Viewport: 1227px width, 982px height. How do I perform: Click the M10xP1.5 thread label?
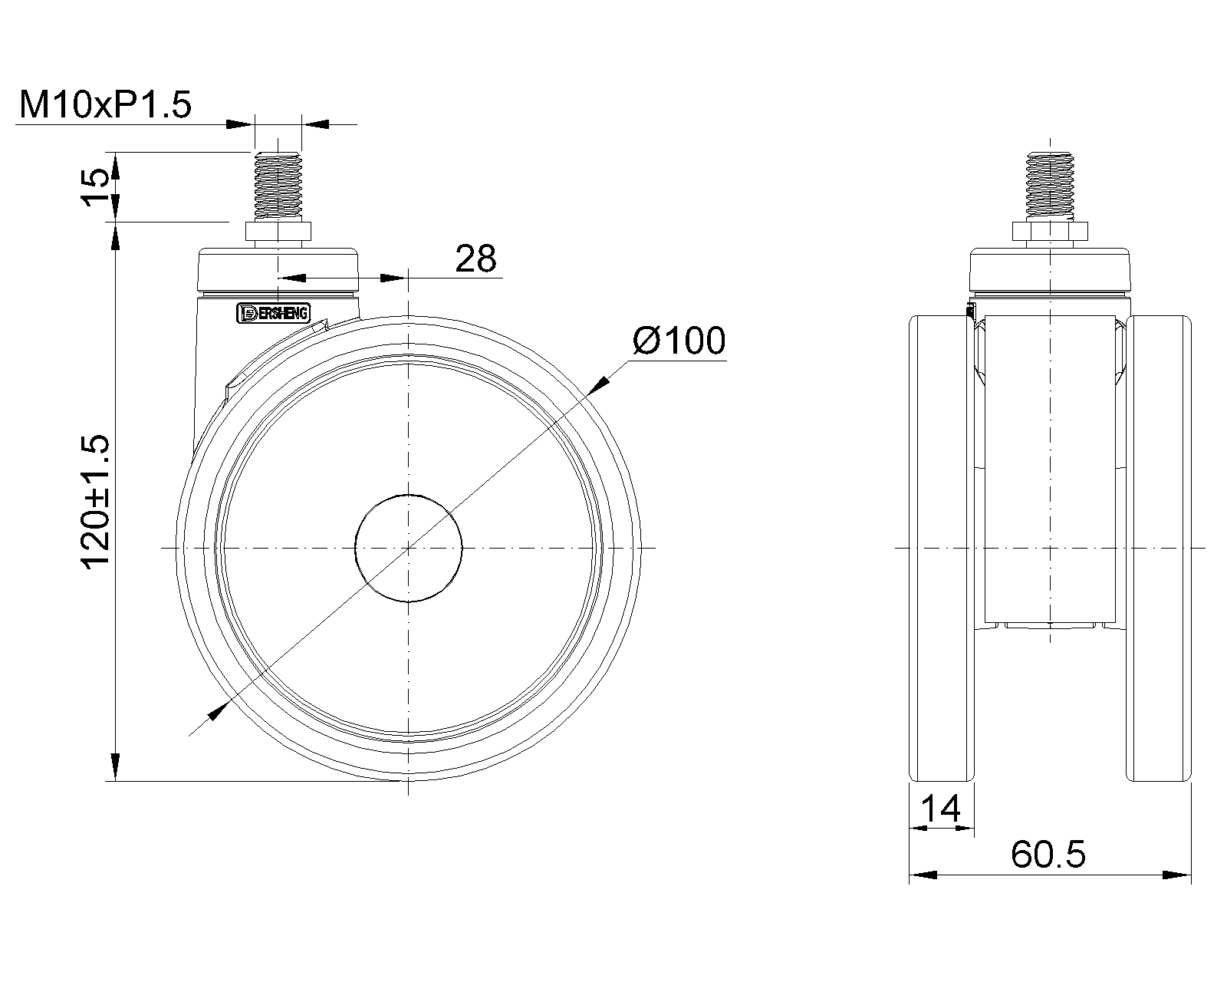[x=105, y=104]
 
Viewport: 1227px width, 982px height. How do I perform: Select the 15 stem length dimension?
[x=94, y=186]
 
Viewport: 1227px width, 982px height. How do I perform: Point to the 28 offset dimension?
[x=475, y=259]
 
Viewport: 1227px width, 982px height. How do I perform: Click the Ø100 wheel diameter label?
[x=679, y=341]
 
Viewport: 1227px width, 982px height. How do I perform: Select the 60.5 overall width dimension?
[x=1048, y=854]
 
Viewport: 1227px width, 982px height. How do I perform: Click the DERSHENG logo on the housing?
[x=273, y=313]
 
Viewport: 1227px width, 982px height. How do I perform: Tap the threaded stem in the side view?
[x=278, y=186]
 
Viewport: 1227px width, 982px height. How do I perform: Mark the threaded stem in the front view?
[x=1050, y=186]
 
